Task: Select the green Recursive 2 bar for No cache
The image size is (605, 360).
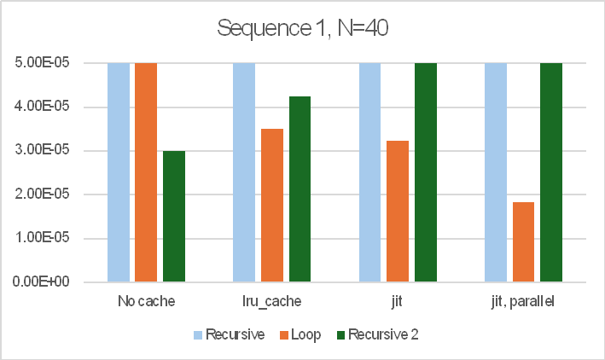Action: point(174,216)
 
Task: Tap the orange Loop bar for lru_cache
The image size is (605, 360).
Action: point(272,205)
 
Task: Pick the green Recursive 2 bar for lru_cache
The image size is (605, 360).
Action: point(300,189)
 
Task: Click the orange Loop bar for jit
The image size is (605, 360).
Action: point(398,211)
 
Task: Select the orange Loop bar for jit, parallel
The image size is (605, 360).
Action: point(523,241)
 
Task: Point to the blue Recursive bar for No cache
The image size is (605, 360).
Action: point(119,171)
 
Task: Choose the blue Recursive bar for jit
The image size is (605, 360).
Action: point(369,171)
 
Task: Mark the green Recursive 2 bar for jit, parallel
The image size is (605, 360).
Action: point(551,171)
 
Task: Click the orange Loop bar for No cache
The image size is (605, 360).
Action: point(146,171)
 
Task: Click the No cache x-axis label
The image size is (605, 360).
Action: point(146,301)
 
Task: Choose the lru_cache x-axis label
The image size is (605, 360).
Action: point(272,301)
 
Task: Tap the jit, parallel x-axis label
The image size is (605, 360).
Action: point(523,301)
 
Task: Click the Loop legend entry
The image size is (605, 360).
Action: point(305,334)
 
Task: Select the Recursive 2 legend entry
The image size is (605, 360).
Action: point(389,334)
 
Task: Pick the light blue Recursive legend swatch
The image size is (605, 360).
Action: point(199,334)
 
